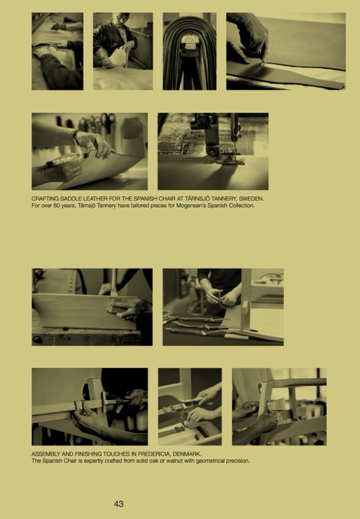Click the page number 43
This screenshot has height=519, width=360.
pos(119,504)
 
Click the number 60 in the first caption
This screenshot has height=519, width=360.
pos(56,205)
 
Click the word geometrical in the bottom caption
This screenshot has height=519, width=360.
pos(210,461)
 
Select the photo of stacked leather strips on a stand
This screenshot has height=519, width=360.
pos(190,51)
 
